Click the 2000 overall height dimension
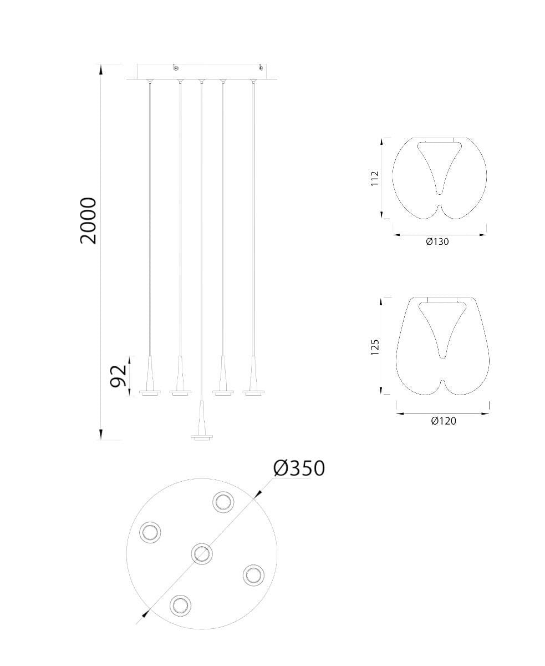tap(88, 221)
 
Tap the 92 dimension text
tap(118, 376)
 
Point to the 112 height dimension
tap(374, 178)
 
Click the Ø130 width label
tap(437, 241)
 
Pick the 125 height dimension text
tap(374, 347)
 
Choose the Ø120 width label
tap(444, 421)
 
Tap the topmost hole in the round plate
tap(223, 502)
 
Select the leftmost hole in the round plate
tap(150, 532)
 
